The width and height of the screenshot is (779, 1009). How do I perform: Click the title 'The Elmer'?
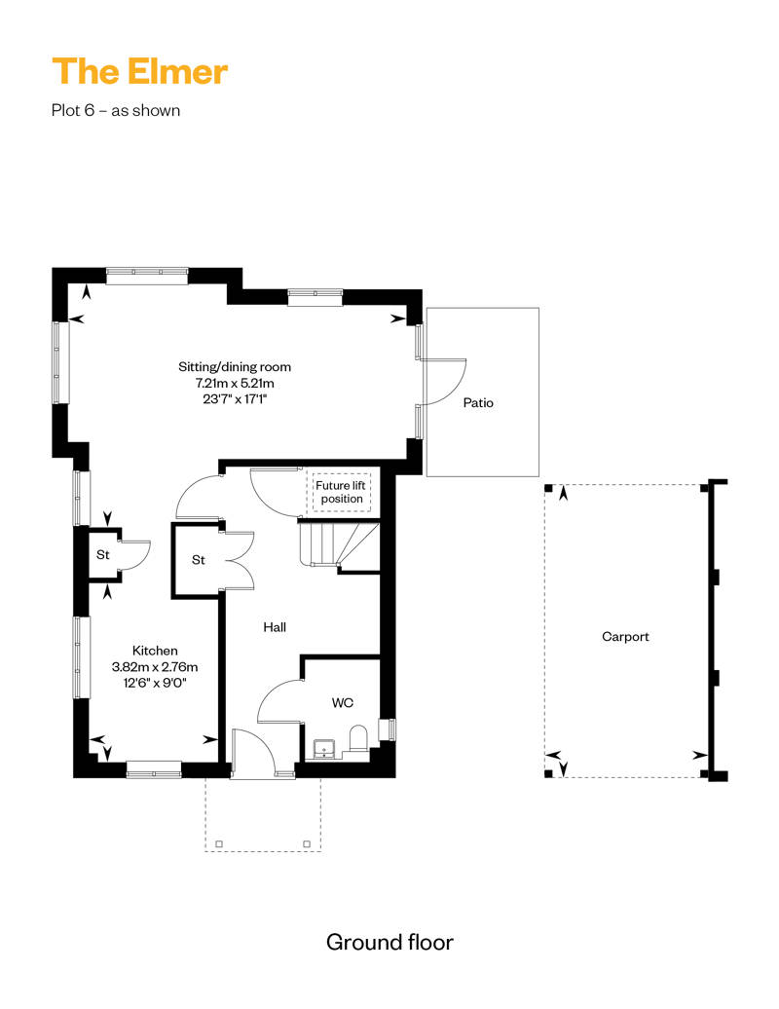click(x=140, y=71)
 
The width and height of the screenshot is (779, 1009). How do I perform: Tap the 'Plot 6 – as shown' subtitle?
click(x=116, y=110)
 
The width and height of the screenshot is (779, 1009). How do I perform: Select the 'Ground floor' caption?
click(x=389, y=942)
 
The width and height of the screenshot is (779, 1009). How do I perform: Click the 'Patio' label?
click(x=478, y=402)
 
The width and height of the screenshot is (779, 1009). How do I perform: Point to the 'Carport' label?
click(x=625, y=636)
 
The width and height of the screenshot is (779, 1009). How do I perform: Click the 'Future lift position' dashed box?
click(x=341, y=492)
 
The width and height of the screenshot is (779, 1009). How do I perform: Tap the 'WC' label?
click(x=342, y=701)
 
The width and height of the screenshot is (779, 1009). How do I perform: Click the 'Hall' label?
click(x=275, y=628)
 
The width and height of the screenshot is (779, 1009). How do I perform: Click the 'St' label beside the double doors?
click(x=198, y=560)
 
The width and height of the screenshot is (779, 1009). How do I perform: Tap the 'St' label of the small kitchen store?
click(x=102, y=555)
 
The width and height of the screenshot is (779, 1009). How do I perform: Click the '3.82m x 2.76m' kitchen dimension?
click(x=155, y=667)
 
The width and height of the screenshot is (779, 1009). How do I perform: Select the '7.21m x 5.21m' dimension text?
click(x=235, y=383)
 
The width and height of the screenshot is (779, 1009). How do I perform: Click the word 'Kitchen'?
click(x=155, y=651)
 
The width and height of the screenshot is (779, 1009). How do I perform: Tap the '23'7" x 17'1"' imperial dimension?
click(x=235, y=398)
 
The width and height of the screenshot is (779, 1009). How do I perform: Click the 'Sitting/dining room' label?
click(x=235, y=367)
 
